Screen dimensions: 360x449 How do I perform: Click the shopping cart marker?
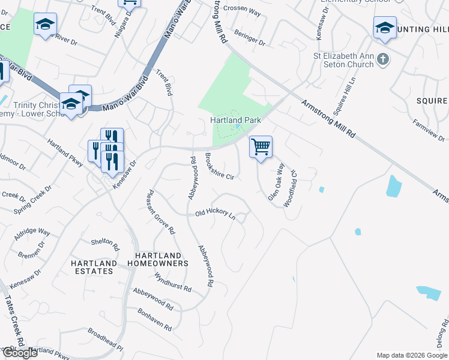tap(261, 146)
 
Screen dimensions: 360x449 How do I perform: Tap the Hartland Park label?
tap(235, 120)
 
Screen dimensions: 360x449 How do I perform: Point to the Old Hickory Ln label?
tap(215, 214)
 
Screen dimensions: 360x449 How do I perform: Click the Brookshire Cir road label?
tap(219, 166)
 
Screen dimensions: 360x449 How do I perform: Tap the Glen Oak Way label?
tap(275, 176)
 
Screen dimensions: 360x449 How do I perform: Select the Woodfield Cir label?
tap(291, 187)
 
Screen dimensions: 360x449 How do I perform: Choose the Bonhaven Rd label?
tap(155, 320)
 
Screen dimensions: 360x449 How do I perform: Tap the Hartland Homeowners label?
tap(158, 259)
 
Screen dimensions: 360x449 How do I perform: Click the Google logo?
tap(19, 353)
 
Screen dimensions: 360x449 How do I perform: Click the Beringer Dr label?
tap(250, 38)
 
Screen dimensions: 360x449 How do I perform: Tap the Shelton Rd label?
tap(102, 242)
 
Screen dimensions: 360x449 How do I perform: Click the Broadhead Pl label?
tap(105, 339)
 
